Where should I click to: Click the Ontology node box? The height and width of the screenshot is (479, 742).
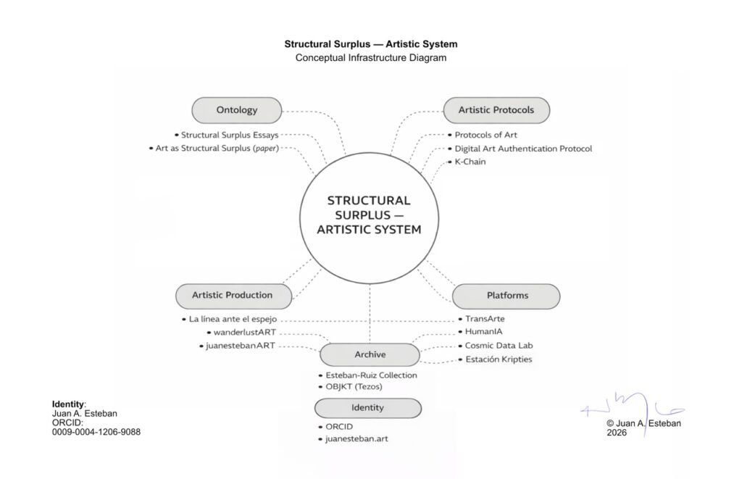click(237, 110)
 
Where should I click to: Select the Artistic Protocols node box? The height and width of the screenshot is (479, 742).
click(496, 110)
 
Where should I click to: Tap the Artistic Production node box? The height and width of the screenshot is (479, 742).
click(233, 296)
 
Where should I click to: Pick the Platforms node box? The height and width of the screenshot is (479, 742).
click(507, 296)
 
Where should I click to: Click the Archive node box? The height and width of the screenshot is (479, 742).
click(370, 355)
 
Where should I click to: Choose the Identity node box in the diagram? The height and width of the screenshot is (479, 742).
click(368, 409)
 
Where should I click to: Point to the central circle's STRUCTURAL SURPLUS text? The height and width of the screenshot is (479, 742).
click(369, 207)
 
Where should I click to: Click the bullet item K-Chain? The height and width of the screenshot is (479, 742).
click(470, 162)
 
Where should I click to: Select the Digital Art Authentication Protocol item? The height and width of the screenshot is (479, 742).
click(523, 149)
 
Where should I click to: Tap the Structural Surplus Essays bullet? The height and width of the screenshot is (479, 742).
click(230, 135)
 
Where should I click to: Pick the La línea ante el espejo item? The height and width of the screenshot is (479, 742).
click(233, 319)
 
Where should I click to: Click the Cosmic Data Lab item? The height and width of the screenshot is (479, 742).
click(499, 346)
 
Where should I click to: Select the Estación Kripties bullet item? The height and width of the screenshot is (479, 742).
click(501, 359)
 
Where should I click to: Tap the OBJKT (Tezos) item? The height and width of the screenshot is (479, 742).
click(354, 387)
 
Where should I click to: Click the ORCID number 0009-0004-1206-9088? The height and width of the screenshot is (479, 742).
click(96, 432)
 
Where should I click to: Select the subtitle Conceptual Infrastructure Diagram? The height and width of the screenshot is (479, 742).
click(371, 58)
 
